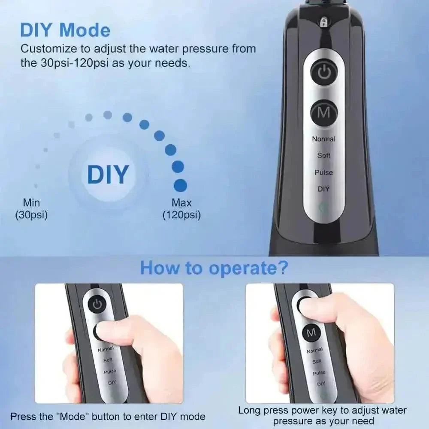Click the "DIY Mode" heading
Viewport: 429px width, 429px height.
(65, 30)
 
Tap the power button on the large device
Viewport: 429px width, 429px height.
(324, 73)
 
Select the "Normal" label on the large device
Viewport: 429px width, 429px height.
(323, 139)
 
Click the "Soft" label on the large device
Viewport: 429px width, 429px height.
(323, 155)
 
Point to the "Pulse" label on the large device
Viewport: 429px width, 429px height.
(323, 172)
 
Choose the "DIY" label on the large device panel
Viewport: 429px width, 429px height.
(323, 189)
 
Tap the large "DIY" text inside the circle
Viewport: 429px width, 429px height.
(108, 174)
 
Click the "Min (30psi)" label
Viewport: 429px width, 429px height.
(31, 208)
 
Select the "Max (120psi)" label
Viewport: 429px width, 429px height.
(181, 208)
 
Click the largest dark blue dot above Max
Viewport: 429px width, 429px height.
(180, 185)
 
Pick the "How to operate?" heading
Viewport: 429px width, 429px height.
(214, 268)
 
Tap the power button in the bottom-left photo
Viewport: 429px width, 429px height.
(98, 305)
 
